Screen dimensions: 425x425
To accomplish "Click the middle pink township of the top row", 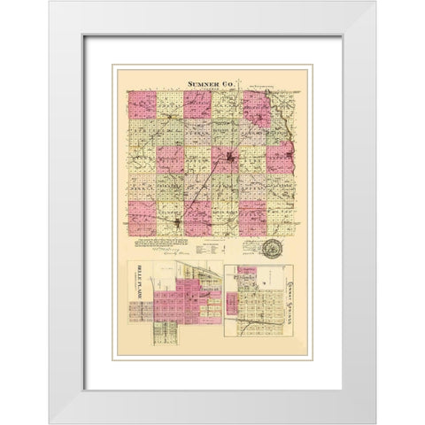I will [x=198, y=105].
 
